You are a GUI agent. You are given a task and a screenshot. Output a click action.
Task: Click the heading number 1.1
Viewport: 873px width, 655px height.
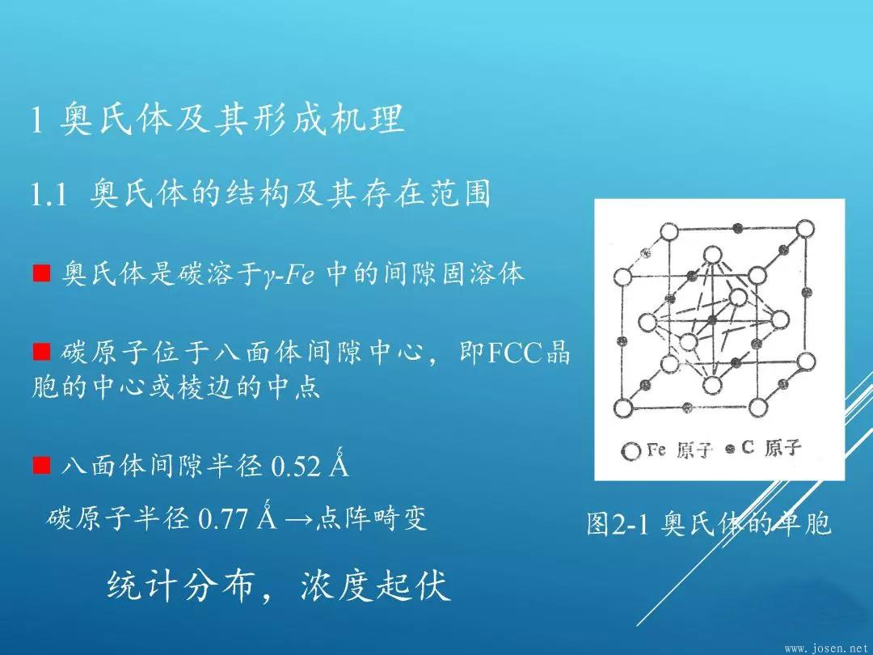pos(47,196)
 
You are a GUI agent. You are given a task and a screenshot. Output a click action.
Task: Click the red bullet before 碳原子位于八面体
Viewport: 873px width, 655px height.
pos(42,353)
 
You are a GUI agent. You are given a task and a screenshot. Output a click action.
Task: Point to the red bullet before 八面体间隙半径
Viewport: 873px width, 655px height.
pos(42,466)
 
